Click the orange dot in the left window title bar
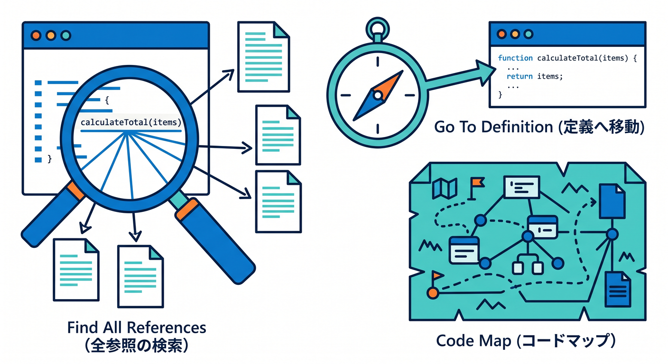(36, 36)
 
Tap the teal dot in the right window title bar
(529, 34)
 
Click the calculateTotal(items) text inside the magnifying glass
(131, 122)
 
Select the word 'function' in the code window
(515, 58)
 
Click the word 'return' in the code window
(520, 76)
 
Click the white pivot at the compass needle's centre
(378, 95)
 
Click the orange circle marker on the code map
(433, 293)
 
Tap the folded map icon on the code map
(445, 188)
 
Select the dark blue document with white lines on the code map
(618, 289)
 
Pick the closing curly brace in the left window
(50, 159)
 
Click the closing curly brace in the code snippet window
(500, 95)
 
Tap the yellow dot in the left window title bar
(51, 36)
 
